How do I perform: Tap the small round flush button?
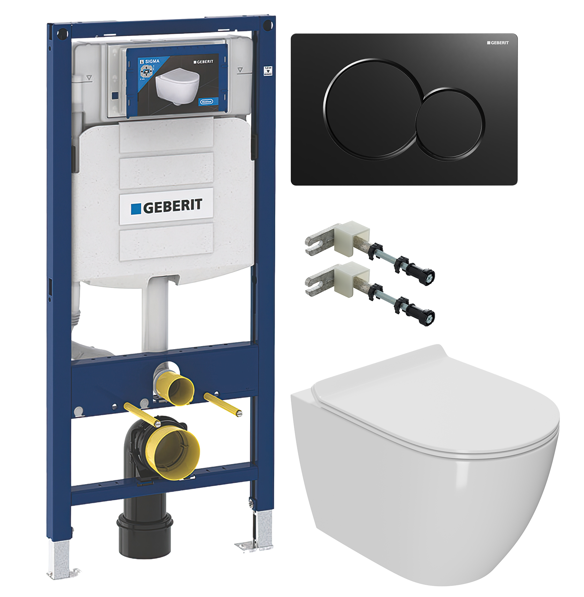450,124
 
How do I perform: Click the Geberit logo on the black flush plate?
498,43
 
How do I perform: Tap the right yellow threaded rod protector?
223,405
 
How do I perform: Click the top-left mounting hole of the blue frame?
62,34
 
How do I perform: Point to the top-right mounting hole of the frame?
268,25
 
